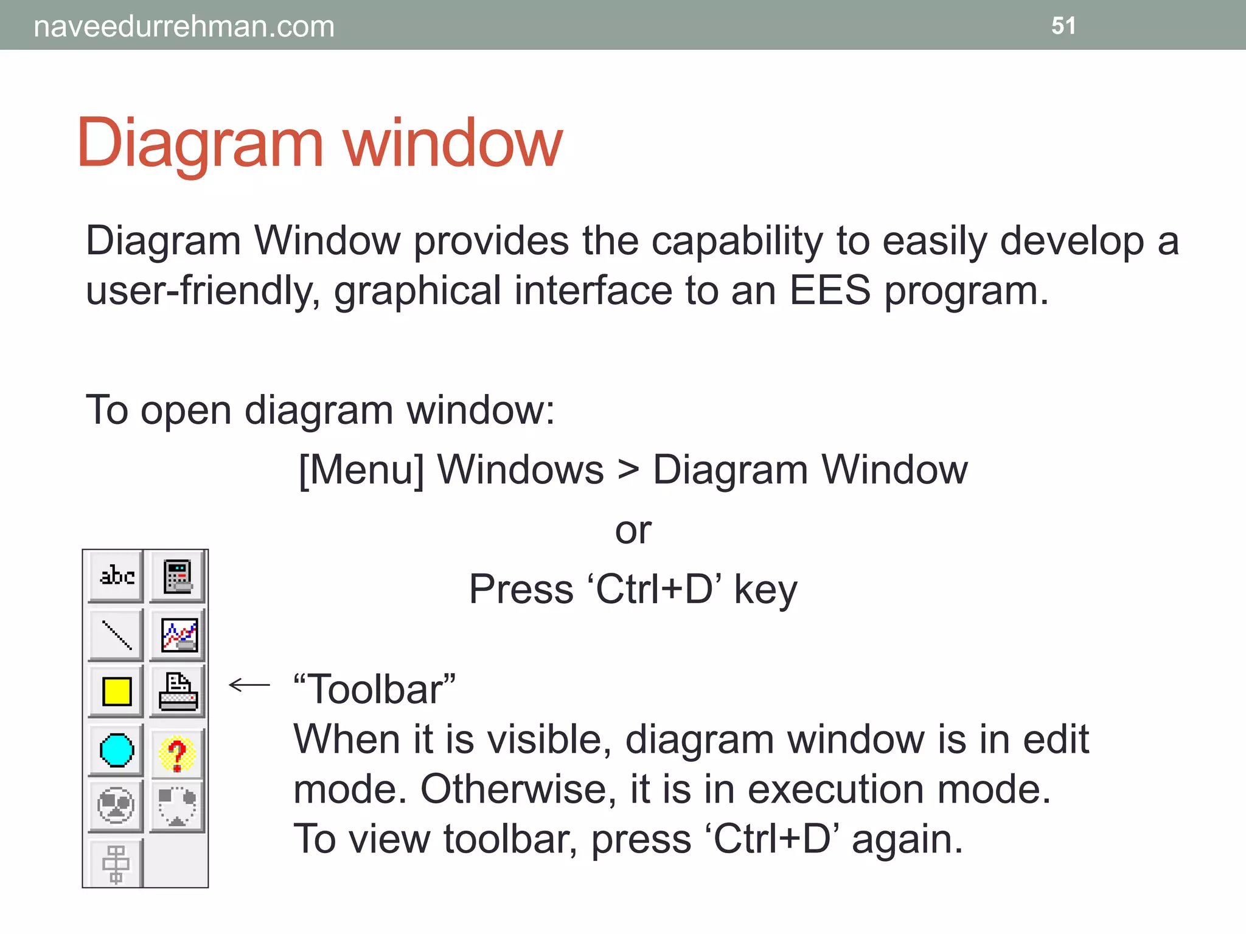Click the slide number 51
1063,26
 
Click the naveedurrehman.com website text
184,27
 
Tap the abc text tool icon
116,575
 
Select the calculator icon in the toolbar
178,576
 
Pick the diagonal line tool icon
116,635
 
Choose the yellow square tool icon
117,691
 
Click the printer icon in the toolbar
178,692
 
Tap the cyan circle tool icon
116,750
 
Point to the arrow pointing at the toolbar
249,685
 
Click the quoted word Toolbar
374,690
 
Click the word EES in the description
830,290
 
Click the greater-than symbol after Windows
628,470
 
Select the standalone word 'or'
633,530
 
